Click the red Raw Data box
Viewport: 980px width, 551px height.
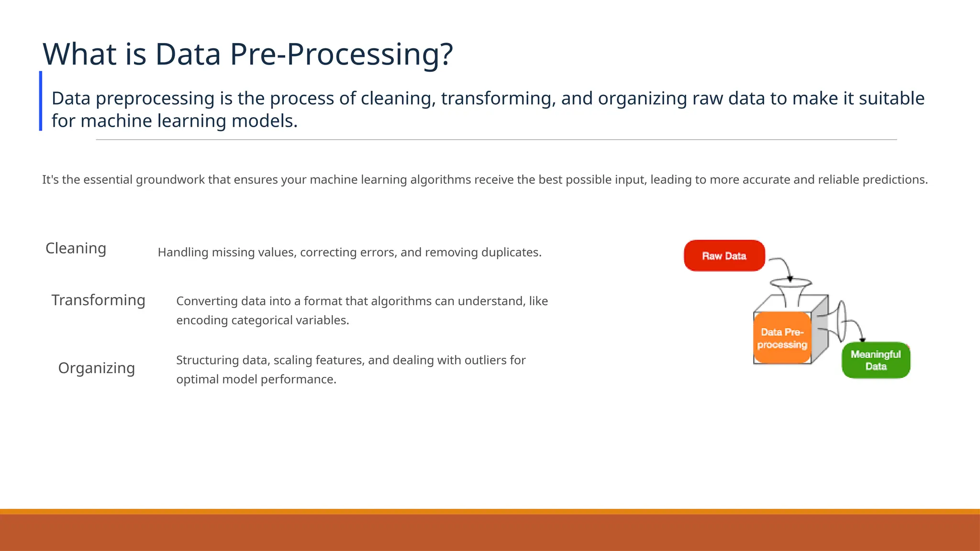[724, 256]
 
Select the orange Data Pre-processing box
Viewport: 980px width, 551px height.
[782, 338]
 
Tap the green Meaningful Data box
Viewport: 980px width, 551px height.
[876, 360]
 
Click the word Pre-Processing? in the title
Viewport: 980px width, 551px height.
[341, 54]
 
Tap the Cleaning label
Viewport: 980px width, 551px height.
[76, 248]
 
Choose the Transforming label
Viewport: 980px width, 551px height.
[98, 300]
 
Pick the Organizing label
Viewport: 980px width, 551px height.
[96, 368]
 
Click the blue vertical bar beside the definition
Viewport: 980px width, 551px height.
[41, 101]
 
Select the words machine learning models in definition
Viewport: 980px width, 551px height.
[189, 121]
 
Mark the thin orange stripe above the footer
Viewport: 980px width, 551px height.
[490, 511]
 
